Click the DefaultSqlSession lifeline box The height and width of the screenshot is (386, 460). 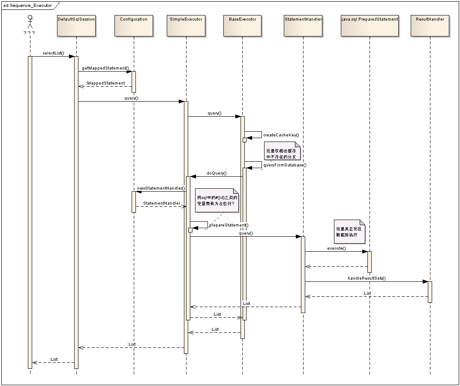point(76,26)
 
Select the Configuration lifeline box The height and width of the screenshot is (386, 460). point(134,26)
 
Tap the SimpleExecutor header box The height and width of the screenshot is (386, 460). point(186,26)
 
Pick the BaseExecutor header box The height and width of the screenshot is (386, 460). point(242,26)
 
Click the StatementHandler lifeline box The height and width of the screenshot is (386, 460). point(303,26)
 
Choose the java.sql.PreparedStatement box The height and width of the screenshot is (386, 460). point(370,26)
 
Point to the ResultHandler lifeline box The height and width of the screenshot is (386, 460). point(430,26)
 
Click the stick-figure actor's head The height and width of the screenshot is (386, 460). point(30,18)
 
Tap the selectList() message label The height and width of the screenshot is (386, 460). point(53,53)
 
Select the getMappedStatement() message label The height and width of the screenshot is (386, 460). point(105,68)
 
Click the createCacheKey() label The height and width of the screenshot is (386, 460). point(281,135)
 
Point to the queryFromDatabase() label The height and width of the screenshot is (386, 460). point(285,165)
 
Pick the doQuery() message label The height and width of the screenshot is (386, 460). point(216,173)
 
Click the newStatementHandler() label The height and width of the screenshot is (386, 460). point(161,188)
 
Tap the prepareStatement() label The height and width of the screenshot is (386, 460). point(228,225)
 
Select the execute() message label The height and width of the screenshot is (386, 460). point(337,248)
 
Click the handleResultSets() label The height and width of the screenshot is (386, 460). point(367,278)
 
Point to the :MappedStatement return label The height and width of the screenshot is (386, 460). point(105,83)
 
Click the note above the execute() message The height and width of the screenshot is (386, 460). point(349,232)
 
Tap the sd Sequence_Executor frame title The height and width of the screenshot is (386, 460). point(27,5)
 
